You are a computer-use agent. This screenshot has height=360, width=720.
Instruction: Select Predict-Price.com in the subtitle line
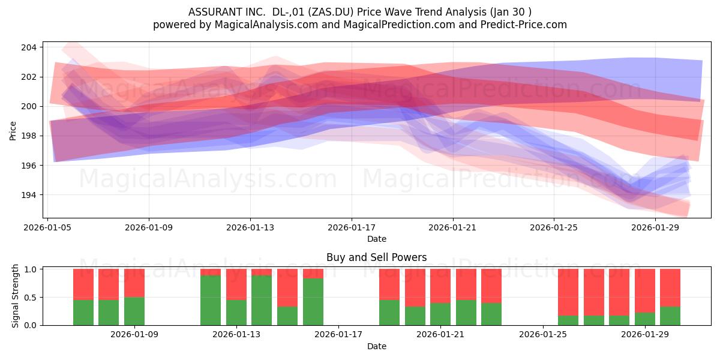(524, 25)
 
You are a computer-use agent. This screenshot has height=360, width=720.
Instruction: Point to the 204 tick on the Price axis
(29, 47)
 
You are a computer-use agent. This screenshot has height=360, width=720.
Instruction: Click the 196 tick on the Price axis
(29, 166)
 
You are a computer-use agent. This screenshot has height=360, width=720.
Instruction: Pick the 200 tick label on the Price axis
(29, 106)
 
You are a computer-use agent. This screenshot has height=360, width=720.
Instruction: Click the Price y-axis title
(13, 131)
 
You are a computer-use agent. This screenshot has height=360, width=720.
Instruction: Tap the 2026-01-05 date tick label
(47, 227)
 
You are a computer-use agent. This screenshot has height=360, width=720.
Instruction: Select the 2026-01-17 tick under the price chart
(352, 227)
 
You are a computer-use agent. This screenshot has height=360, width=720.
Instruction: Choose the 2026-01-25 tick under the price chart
(554, 227)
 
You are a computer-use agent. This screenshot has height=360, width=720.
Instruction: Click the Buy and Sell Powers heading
(376, 257)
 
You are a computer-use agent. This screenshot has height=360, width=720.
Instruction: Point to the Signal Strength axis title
(15, 296)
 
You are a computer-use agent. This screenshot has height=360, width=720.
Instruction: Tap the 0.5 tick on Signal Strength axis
(31, 298)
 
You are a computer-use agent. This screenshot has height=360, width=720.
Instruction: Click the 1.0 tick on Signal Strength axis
(31, 269)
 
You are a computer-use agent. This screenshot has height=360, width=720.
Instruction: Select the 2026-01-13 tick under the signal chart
(236, 334)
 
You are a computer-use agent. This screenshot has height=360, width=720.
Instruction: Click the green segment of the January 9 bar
(134, 311)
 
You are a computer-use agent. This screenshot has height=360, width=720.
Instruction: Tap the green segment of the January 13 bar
(236, 313)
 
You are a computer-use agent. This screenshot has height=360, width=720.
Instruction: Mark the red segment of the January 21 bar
(440, 286)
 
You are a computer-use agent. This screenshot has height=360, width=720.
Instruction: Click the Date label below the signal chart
(377, 346)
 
